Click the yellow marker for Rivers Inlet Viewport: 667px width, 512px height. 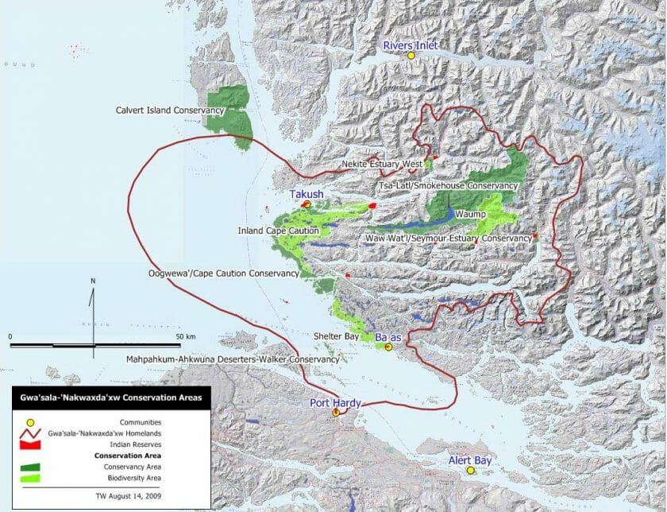click(x=411, y=56)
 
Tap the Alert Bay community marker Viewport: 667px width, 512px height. click(x=470, y=471)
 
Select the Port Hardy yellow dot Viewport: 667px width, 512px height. click(x=336, y=413)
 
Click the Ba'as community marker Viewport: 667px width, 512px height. click(x=388, y=347)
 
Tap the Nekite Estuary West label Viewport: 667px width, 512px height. click(x=381, y=165)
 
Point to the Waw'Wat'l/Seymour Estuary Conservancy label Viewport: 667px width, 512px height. click(x=448, y=238)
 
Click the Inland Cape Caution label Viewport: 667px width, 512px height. click(x=278, y=231)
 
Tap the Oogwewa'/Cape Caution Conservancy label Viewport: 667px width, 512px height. click(x=224, y=273)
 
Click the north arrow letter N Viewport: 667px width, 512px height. click(x=93, y=281)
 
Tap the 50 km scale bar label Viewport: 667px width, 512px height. click(x=186, y=336)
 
